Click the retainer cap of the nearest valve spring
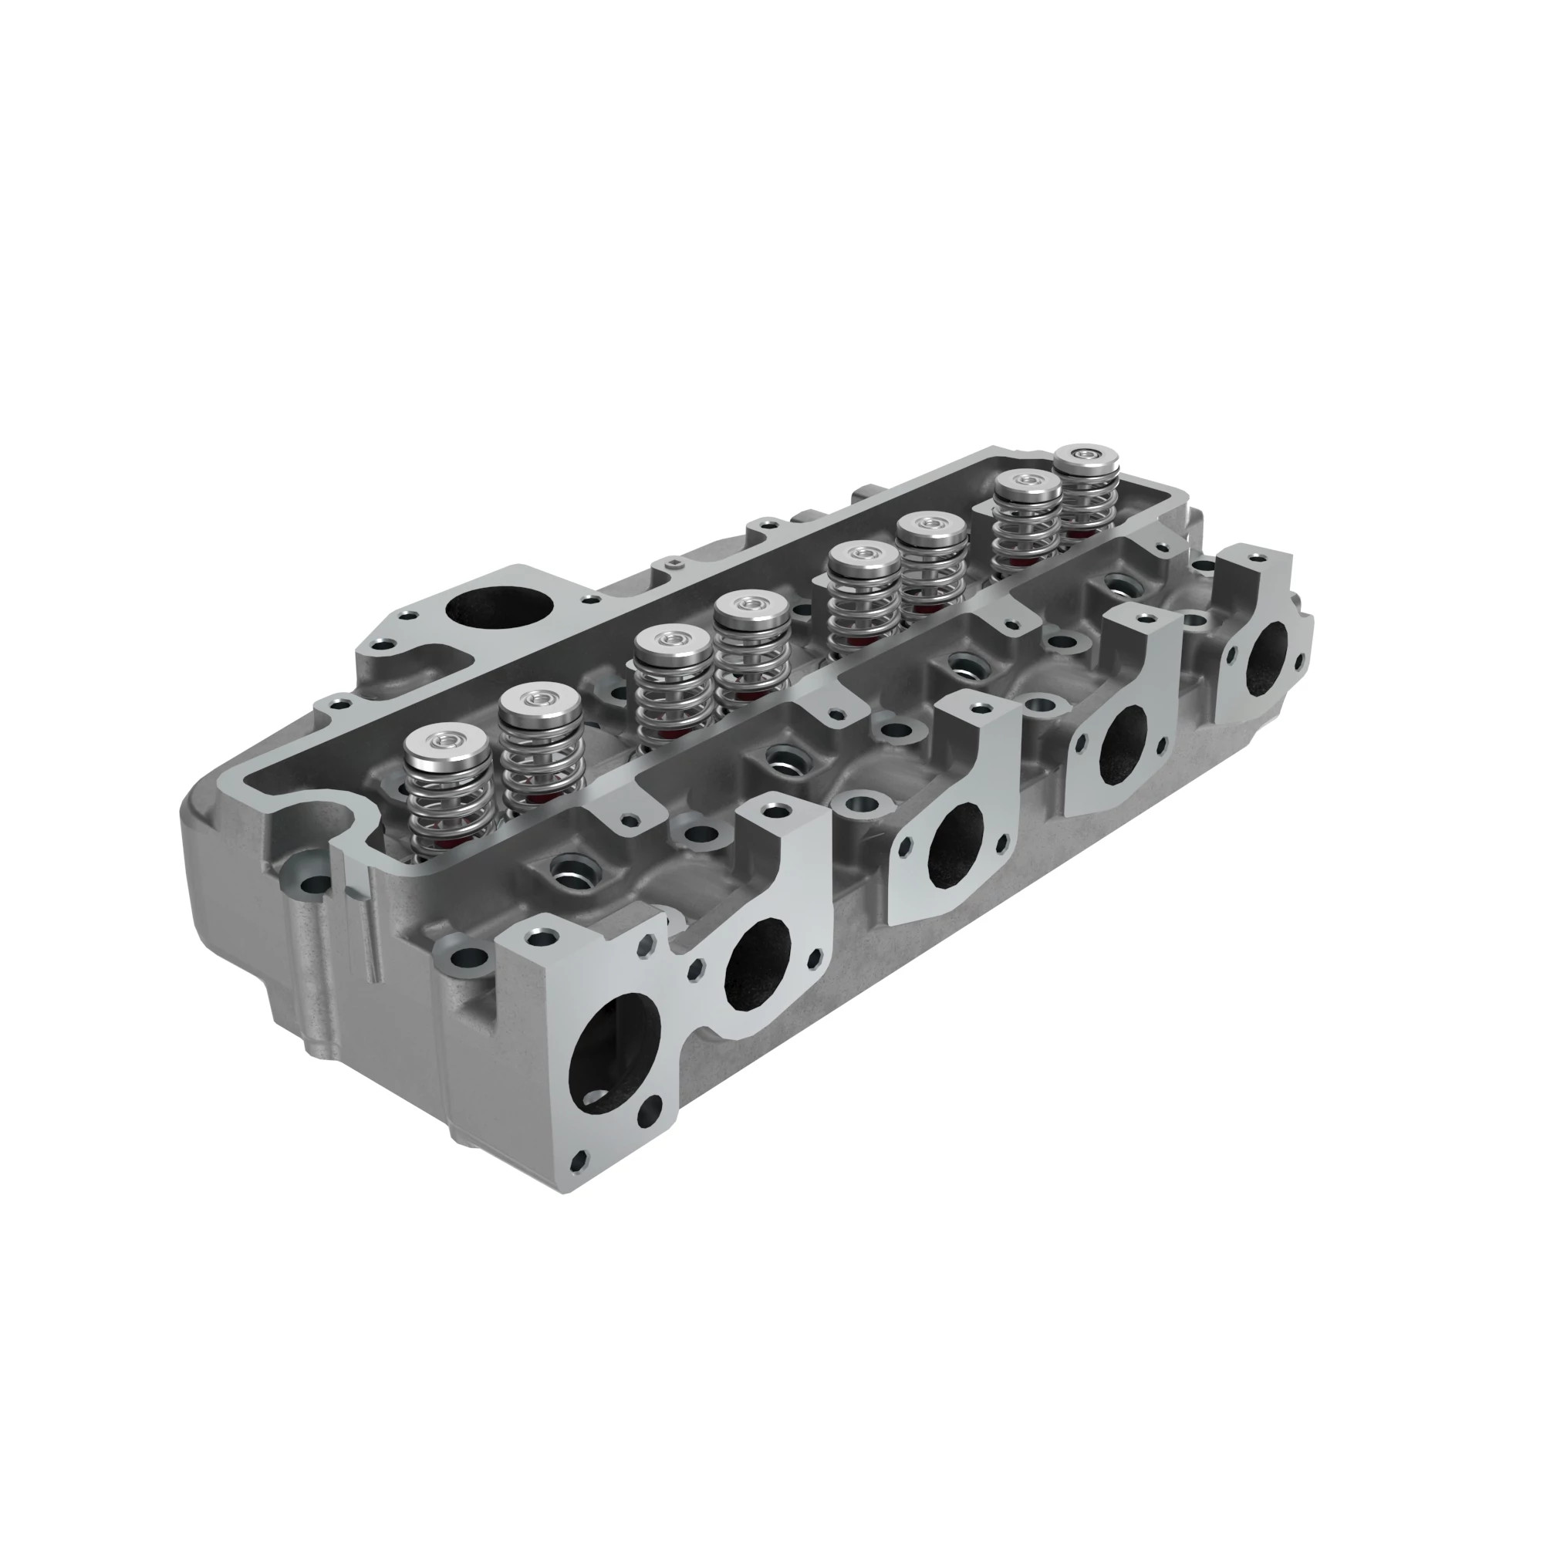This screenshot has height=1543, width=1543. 447,743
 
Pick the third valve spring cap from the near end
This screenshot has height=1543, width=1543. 673,641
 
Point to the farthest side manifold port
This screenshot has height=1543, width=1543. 1270,653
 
